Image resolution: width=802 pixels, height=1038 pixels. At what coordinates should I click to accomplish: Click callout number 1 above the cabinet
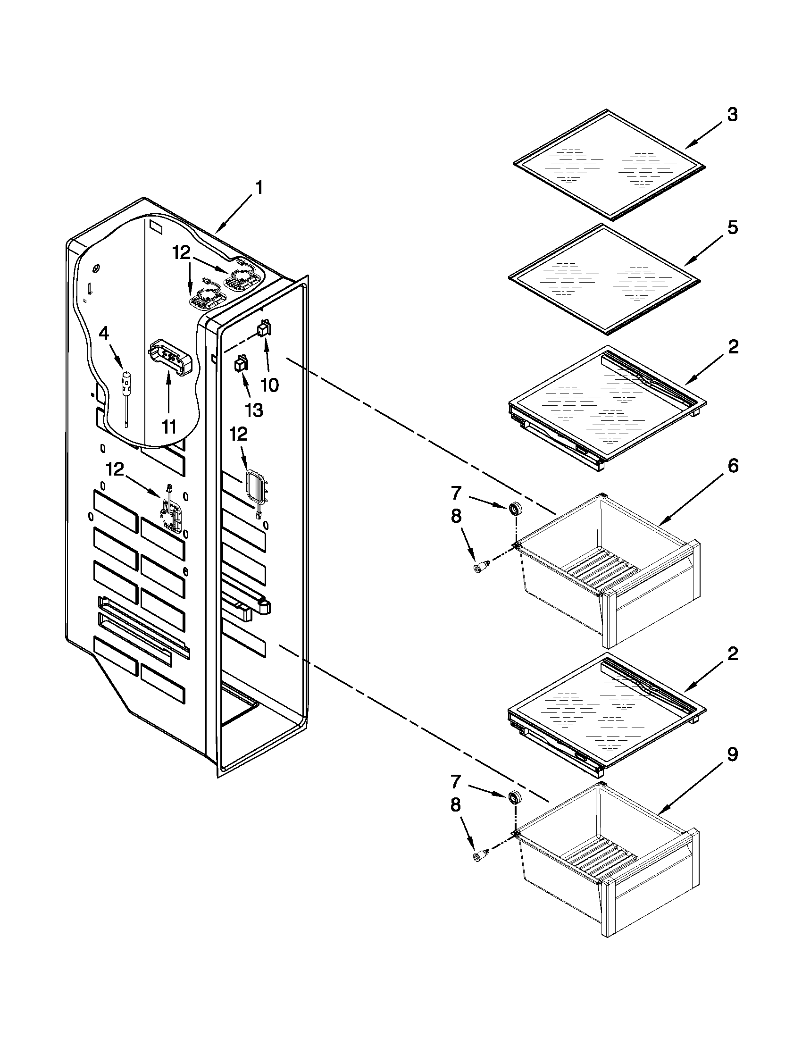pos(259,188)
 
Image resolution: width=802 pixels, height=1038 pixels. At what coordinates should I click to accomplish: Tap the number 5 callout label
pos(732,228)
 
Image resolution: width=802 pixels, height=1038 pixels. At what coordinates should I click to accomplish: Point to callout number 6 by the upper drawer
pos(732,466)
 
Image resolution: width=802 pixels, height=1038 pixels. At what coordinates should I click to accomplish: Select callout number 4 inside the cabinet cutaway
pos(104,334)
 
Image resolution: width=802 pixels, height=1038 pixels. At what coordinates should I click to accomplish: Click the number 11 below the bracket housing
pos(168,427)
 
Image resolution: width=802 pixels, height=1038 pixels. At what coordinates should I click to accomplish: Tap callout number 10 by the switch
pos(270,385)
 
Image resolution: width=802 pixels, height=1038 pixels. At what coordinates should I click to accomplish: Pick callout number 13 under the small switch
pos(254,409)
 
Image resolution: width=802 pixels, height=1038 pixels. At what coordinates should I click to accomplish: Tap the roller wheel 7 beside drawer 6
pos(515,509)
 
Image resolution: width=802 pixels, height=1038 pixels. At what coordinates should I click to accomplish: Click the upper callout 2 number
pos(732,347)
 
